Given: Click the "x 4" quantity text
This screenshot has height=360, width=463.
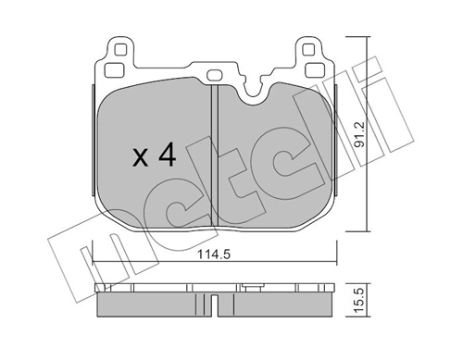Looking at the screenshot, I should [x=154, y=155].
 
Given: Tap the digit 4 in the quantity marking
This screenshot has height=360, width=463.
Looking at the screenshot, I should [x=167, y=155].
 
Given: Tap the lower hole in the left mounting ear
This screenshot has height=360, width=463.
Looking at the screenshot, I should [x=116, y=69].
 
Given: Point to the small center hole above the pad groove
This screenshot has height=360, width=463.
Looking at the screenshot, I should [x=213, y=76].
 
